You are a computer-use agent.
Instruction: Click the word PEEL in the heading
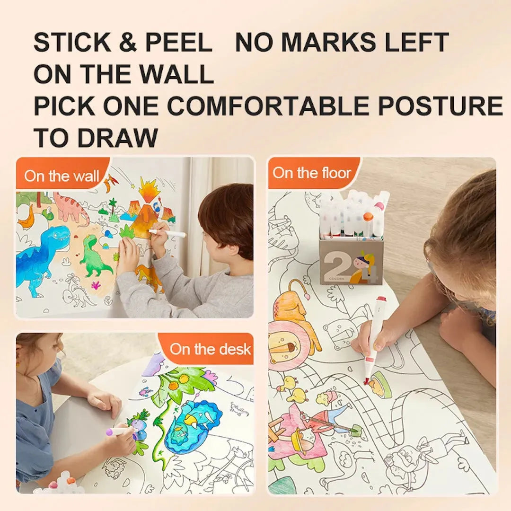(x=178, y=43)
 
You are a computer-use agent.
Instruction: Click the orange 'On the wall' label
(x=62, y=176)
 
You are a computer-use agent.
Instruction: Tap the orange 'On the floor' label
(x=312, y=173)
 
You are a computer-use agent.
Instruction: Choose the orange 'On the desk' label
(x=210, y=349)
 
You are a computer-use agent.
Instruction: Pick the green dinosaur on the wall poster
(x=95, y=258)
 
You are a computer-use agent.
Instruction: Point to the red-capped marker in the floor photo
(x=376, y=338)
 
